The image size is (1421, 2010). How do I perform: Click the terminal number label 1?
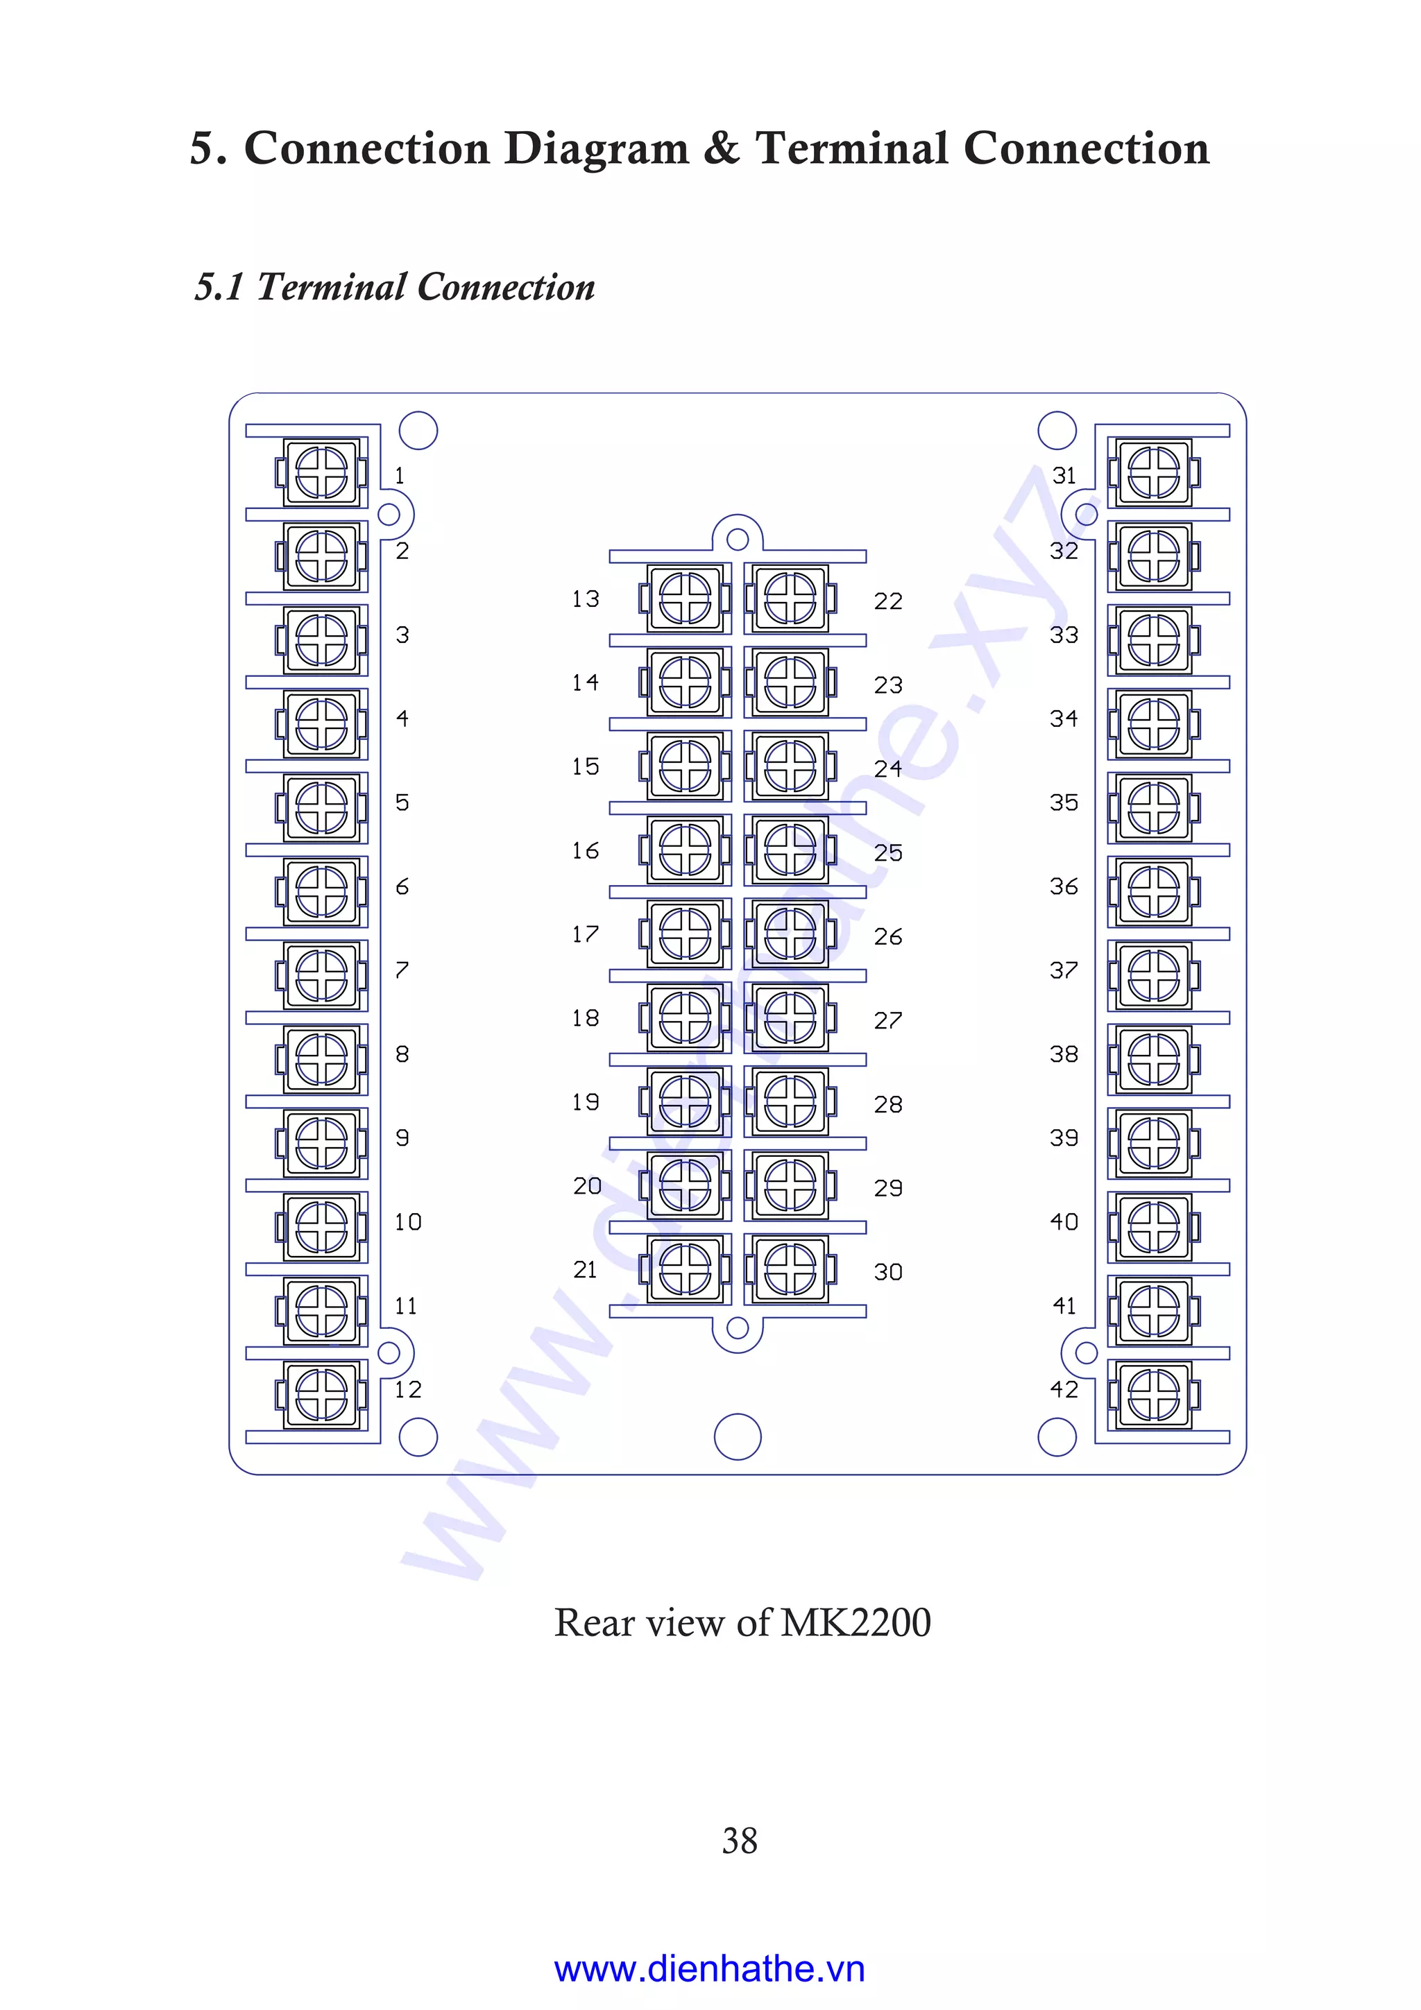pos(399,475)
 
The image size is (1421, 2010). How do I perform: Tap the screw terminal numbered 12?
pos(321,1395)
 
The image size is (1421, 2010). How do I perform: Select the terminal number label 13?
pos(585,599)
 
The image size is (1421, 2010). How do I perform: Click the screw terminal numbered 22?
pos(790,599)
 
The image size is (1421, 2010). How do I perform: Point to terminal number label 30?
pos(888,1272)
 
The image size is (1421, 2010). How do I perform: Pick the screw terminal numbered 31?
pos(1154,473)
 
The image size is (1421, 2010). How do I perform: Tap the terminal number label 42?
pos(1064,1389)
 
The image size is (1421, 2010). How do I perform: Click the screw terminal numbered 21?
pos(685,1269)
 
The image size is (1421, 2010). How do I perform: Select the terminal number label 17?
pos(585,934)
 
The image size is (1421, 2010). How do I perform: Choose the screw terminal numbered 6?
pos(321,891)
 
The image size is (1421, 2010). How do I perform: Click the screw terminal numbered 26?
pos(790,934)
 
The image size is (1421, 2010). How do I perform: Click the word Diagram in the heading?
pos(596,149)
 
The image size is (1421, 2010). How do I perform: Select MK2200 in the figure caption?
pos(856,1622)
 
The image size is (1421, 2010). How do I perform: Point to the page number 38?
pos(740,1841)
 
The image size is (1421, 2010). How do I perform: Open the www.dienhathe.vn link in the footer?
pos(709,1969)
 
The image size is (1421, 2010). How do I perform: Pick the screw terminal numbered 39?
pos(1154,1143)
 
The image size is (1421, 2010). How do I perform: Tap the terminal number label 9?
pos(402,1138)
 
